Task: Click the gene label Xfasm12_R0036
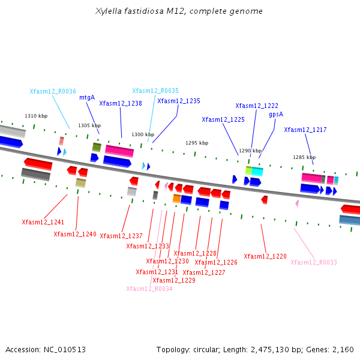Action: (53, 91)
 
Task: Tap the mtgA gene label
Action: (87, 98)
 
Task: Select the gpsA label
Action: (276, 115)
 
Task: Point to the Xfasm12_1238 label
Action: (121, 103)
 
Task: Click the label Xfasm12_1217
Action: (305, 130)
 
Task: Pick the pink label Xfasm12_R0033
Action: (314, 262)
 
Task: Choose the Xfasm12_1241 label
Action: (43, 222)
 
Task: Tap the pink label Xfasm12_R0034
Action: (149, 289)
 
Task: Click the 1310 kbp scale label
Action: (36, 116)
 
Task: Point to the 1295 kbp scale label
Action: (197, 143)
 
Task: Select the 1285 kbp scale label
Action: (304, 157)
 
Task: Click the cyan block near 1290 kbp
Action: (257, 172)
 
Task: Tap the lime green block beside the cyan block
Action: (248, 170)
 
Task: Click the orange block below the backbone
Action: (177, 199)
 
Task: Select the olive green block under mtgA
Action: (97, 147)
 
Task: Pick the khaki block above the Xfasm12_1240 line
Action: (80, 183)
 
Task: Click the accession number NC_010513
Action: (65, 350)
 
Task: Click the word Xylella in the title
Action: (109, 11)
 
